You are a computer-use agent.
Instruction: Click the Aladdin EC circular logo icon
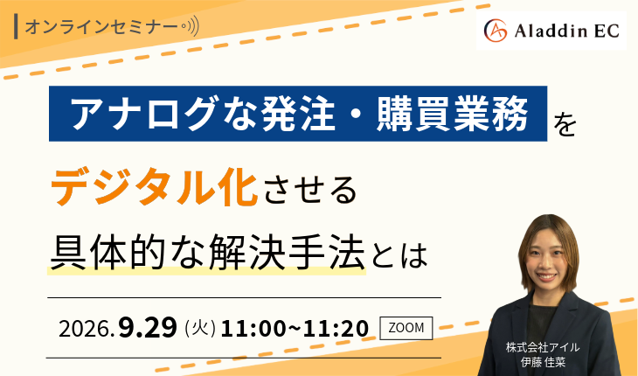click(496, 31)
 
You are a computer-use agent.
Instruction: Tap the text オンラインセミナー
click(101, 27)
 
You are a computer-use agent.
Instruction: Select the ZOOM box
click(406, 328)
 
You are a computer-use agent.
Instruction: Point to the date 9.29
click(148, 327)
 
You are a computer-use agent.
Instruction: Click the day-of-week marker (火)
click(200, 328)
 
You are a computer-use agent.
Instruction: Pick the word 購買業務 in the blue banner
click(452, 114)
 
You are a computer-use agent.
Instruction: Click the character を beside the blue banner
click(565, 124)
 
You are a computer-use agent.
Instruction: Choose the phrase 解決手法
click(286, 253)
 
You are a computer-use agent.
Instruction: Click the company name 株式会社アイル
click(543, 347)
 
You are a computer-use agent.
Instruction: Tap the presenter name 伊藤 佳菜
click(543, 362)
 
